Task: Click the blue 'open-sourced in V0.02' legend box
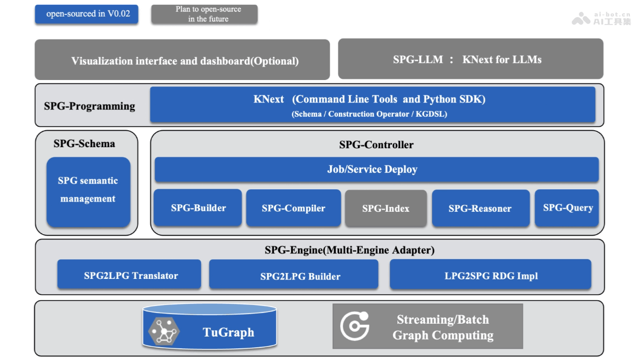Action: [86, 14]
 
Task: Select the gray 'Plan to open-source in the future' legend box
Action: [204, 14]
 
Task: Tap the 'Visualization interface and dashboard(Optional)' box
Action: [182, 60]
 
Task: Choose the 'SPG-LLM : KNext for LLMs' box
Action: [470, 59]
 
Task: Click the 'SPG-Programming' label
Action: [90, 106]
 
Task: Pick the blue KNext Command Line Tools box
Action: [372, 105]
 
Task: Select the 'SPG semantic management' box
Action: [88, 191]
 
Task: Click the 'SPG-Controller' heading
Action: [376, 145]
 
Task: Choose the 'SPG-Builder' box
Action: [198, 207]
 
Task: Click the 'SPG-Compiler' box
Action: [293, 208]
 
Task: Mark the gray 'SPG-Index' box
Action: [386, 208]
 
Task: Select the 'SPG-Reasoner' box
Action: [480, 208]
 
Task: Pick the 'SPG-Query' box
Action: [567, 207]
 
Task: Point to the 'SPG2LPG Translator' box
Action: [129, 275]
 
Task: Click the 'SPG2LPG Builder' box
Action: [294, 275]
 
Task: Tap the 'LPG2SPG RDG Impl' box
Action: [491, 275]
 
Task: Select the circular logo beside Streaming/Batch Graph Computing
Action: [355, 326]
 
